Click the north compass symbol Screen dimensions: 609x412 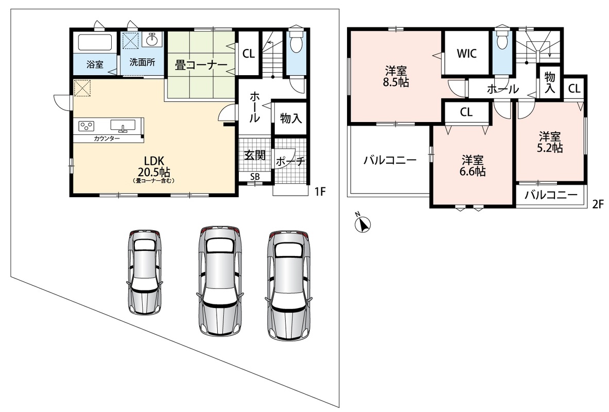[363, 223]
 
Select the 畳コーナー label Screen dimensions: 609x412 [201, 64]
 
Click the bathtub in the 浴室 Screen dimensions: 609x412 [95, 42]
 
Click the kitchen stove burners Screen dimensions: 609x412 [86, 126]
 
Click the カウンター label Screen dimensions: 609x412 [107, 139]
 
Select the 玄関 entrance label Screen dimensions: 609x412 [255, 155]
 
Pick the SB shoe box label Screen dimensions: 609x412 [255, 177]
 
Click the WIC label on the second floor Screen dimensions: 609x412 [466, 53]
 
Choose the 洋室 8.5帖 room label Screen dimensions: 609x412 [396, 77]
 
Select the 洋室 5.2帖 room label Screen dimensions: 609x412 [550, 142]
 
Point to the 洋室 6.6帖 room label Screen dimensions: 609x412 [473, 166]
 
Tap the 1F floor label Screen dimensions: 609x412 [320, 192]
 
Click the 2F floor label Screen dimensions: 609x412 [598, 204]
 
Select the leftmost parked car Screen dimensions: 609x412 [144, 271]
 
